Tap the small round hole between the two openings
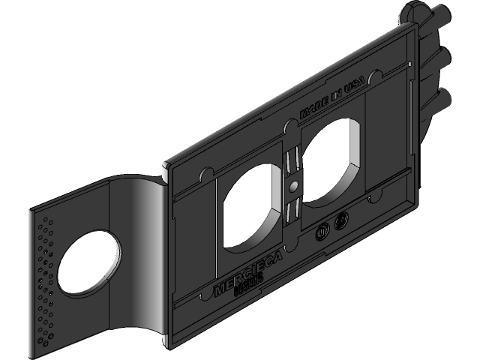293,184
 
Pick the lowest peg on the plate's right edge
442,97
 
